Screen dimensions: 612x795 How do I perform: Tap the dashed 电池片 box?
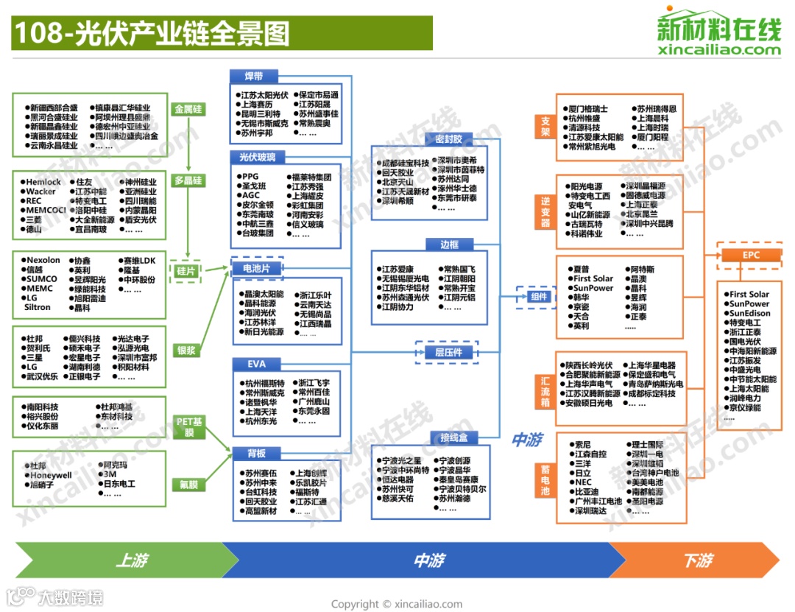[257, 267]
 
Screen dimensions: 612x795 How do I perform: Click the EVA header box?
[257, 364]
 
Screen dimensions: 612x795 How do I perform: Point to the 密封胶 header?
[449, 138]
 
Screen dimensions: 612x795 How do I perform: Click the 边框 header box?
[449, 245]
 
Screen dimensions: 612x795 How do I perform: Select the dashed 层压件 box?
[448, 353]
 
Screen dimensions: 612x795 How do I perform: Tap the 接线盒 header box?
[454, 438]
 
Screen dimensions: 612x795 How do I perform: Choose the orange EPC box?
[751, 256]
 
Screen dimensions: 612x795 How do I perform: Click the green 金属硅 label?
[188, 110]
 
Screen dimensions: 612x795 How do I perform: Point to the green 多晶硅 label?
[188, 180]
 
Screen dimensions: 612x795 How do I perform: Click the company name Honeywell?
[51, 475]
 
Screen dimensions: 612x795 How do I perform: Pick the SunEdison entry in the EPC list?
[750, 313]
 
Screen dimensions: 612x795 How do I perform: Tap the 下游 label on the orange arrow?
[697, 561]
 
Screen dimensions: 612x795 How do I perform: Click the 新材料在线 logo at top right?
[719, 32]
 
